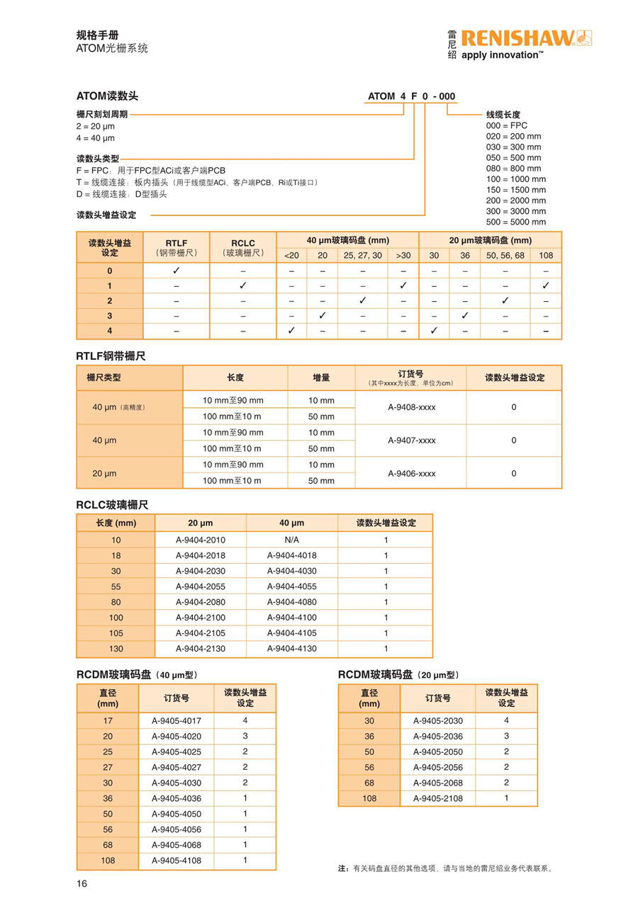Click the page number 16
(x=82, y=883)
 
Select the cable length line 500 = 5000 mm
(x=516, y=222)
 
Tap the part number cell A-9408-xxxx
(x=411, y=407)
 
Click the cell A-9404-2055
(x=201, y=586)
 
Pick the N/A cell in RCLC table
(x=291, y=540)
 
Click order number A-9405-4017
(x=177, y=720)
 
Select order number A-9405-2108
(x=437, y=798)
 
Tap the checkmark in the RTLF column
(x=177, y=271)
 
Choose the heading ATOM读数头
(x=107, y=96)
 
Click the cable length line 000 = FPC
(x=507, y=125)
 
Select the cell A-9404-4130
(x=291, y=649)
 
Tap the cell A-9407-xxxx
(x=411, y=440)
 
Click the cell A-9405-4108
(x=177, y=861)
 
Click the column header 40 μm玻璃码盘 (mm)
(x=347, y=240)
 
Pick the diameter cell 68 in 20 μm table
(x=369, y=783)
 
